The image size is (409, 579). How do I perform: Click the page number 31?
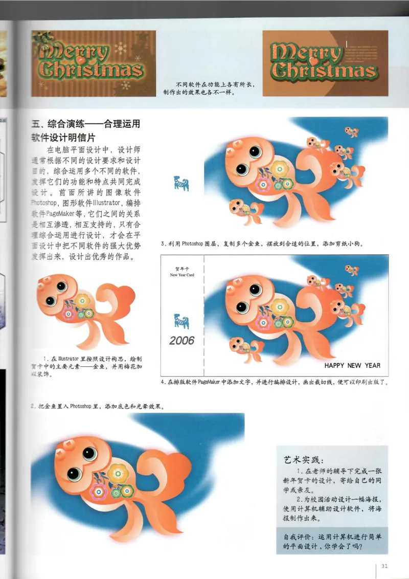[384, 566]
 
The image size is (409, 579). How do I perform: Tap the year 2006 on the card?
[182, 340]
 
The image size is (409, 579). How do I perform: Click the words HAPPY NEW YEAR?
[352, 366]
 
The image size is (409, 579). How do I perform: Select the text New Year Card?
[182, 275]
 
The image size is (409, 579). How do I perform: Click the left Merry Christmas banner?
[94, 63]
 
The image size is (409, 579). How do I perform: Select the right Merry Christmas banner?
[325, 63]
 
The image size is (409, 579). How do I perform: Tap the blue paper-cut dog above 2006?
[181, 321]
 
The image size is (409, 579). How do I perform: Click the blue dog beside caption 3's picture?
[181, 183]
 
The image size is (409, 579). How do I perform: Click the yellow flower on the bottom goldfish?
[118, 474]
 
